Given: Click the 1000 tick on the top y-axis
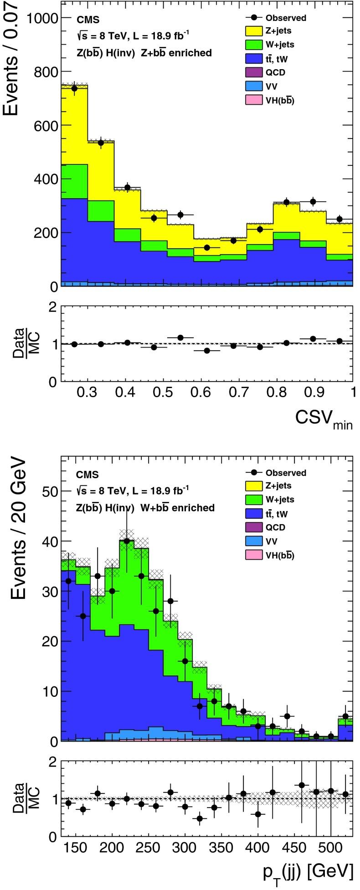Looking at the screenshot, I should pos(41,18).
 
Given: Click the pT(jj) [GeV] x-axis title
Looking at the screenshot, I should pos(308,871).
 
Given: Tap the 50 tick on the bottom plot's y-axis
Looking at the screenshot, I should pos(47,491).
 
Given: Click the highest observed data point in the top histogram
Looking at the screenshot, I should pos(74,88).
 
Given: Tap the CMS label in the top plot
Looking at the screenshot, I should pos(87,20).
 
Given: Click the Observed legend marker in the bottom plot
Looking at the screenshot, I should pos(254,473).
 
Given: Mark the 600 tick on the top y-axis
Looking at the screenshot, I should pos(45,125).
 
